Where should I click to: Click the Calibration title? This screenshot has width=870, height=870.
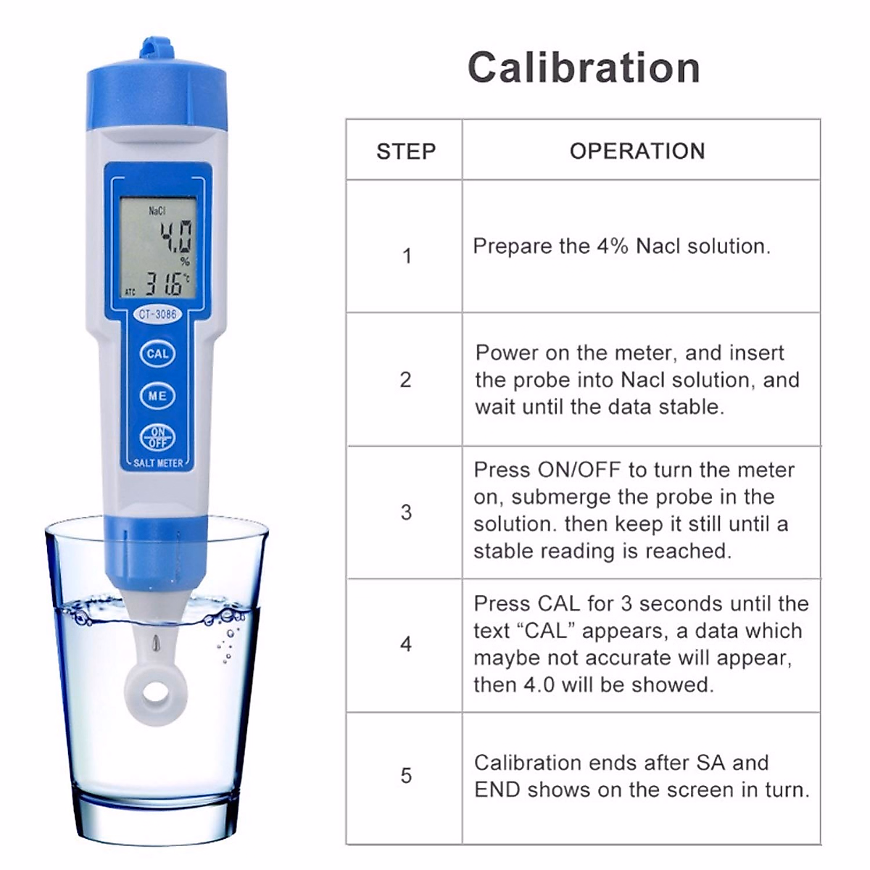coord(584,67)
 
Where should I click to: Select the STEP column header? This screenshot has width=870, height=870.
coord(406,152)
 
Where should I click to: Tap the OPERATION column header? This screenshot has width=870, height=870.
coord(637,151)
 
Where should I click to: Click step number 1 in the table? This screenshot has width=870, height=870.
coord(407,256)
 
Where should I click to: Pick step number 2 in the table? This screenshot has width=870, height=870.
coord(406,380)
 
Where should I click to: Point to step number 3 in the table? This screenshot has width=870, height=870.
coord(406,513)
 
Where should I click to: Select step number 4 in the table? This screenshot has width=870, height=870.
coord(406,644)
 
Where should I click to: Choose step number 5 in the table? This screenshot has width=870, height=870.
coord(406,776)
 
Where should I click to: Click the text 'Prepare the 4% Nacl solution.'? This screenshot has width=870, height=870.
coord(621,246)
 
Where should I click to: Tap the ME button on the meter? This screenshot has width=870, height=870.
coord(157,396)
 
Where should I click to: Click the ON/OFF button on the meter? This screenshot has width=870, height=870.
coord(157,437)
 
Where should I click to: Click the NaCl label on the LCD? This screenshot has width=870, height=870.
coord(157,211)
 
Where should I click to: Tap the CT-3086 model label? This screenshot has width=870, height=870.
coord(157,315)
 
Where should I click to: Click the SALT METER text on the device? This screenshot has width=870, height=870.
coord(158,463)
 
